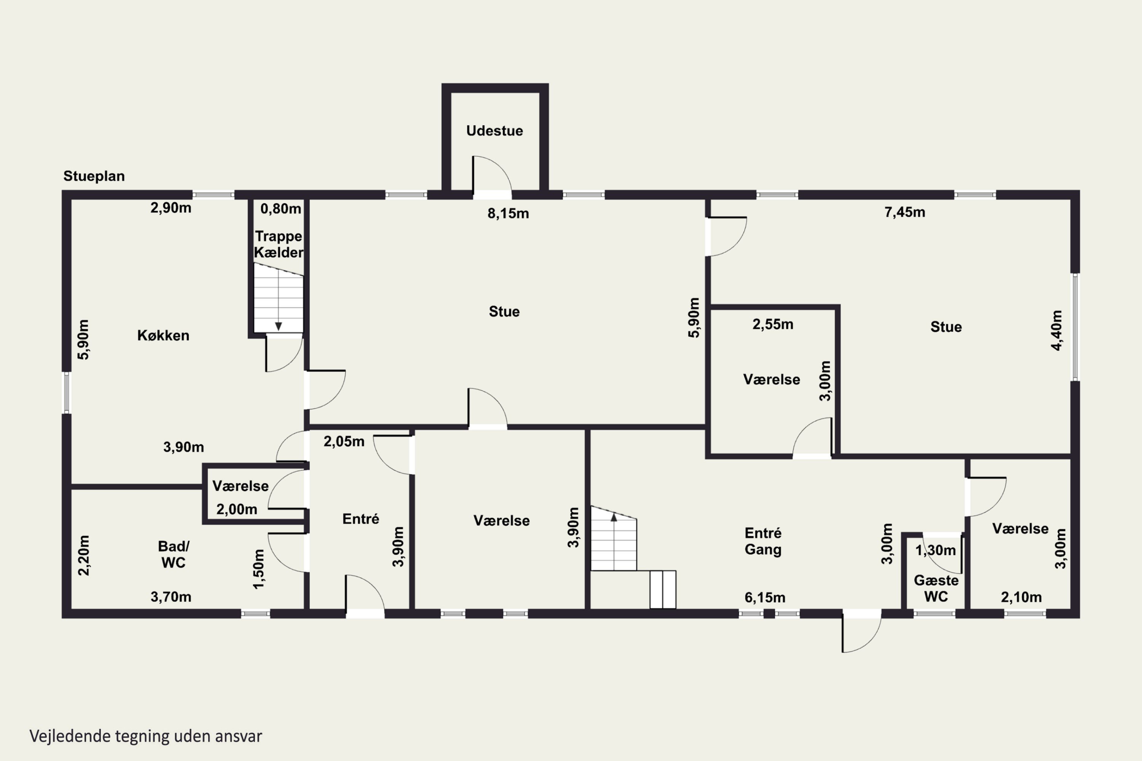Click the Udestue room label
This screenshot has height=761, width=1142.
[x=494, y=131]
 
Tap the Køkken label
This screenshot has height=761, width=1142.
[x=163, y=335]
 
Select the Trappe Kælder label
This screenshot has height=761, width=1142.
[x=279, y=244]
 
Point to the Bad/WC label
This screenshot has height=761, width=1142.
[x=173, y=554]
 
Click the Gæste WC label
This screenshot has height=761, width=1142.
[x=936, y=588]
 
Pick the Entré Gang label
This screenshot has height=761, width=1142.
[x=763, y=541]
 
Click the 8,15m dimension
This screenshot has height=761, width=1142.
[x=508, y=213]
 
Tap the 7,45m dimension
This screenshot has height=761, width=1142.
[x=904, y=212]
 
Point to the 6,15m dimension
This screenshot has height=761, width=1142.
[x=765, y=597]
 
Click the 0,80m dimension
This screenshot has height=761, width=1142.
[x=281, y=209]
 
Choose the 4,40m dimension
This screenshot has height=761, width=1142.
[x=1057, y=331]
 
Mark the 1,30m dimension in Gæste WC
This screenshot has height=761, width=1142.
[x=936, y=550]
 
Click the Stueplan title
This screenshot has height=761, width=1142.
[x=94, y=176]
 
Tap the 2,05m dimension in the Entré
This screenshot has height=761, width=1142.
[x=344, y=442]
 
